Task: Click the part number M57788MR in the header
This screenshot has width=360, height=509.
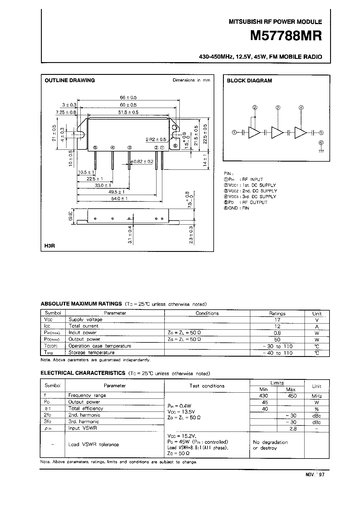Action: [x=286, y=36]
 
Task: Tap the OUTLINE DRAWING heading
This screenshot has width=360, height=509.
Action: [x=70, y=81]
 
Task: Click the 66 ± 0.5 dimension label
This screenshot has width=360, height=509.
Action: [x=128, y=98]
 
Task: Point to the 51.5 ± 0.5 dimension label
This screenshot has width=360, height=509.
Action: [x=128, y=112]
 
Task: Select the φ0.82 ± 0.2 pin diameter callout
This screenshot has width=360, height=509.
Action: [x=142, y=162]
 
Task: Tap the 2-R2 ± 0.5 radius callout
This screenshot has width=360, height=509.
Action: [x=156, y=140]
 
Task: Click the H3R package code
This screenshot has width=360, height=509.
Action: [x=50, y=246]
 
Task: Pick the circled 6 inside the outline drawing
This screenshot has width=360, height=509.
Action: [x=175, y=145]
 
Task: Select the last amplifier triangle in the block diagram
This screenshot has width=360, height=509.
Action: [x=300, y=133]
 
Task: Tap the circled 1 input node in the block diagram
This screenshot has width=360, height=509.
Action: [x=234, y=133]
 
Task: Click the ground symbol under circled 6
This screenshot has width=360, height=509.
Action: [x=321, y=151]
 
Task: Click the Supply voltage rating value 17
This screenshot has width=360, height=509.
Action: [x=277, y=320]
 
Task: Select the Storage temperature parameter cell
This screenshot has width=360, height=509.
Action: [x=91, y=353]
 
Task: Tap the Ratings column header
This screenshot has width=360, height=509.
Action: [x=277, y=313]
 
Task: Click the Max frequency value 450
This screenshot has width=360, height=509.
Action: [x=292, y=396]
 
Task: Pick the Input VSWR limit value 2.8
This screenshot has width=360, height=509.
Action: [x=293, y=429]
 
